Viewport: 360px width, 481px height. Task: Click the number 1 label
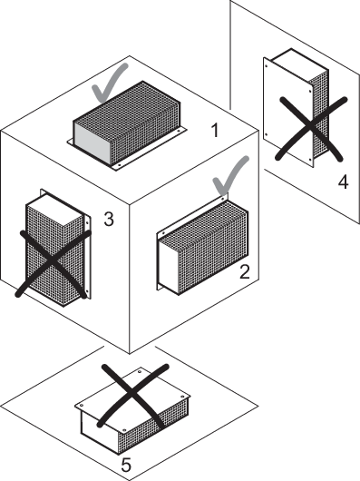[216, 130]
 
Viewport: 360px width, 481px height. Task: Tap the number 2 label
[245, 271]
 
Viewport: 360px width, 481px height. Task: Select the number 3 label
[109, 219]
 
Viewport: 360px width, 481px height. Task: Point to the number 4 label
[343, 182]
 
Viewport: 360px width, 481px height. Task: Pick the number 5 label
[126, 465]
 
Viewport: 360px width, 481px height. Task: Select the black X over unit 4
[310, 128]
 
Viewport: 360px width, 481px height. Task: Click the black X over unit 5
[134, 395]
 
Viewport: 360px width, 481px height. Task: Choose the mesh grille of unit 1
[135, 120]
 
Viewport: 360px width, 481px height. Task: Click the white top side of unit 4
[298, 63]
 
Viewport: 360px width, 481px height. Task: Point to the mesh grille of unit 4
[319, 113]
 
